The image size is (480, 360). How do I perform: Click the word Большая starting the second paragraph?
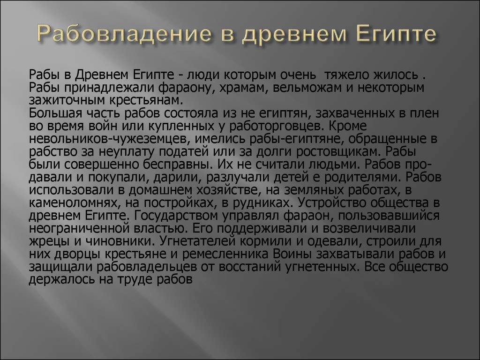51,113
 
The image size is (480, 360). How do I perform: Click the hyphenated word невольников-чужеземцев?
107,139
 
